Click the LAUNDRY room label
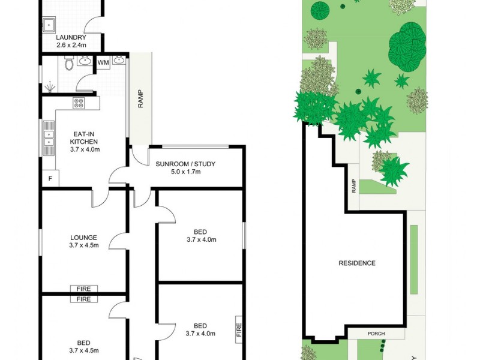point(71,37)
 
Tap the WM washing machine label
point(103,62)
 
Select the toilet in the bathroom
point(69,62)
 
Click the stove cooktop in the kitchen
point(79,103)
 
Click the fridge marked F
point(50,179)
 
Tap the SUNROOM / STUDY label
point(185,164)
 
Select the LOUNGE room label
point(83,237)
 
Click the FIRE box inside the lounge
point(83,289)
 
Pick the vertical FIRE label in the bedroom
point(239,329)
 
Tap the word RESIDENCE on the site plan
point(357,263)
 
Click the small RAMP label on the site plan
point(354,187)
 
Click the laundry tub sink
point(49,25)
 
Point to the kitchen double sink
point(48,139)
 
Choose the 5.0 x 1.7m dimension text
point(185,172)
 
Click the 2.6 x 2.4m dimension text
point(71,45)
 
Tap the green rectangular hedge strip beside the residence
point(414,259)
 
